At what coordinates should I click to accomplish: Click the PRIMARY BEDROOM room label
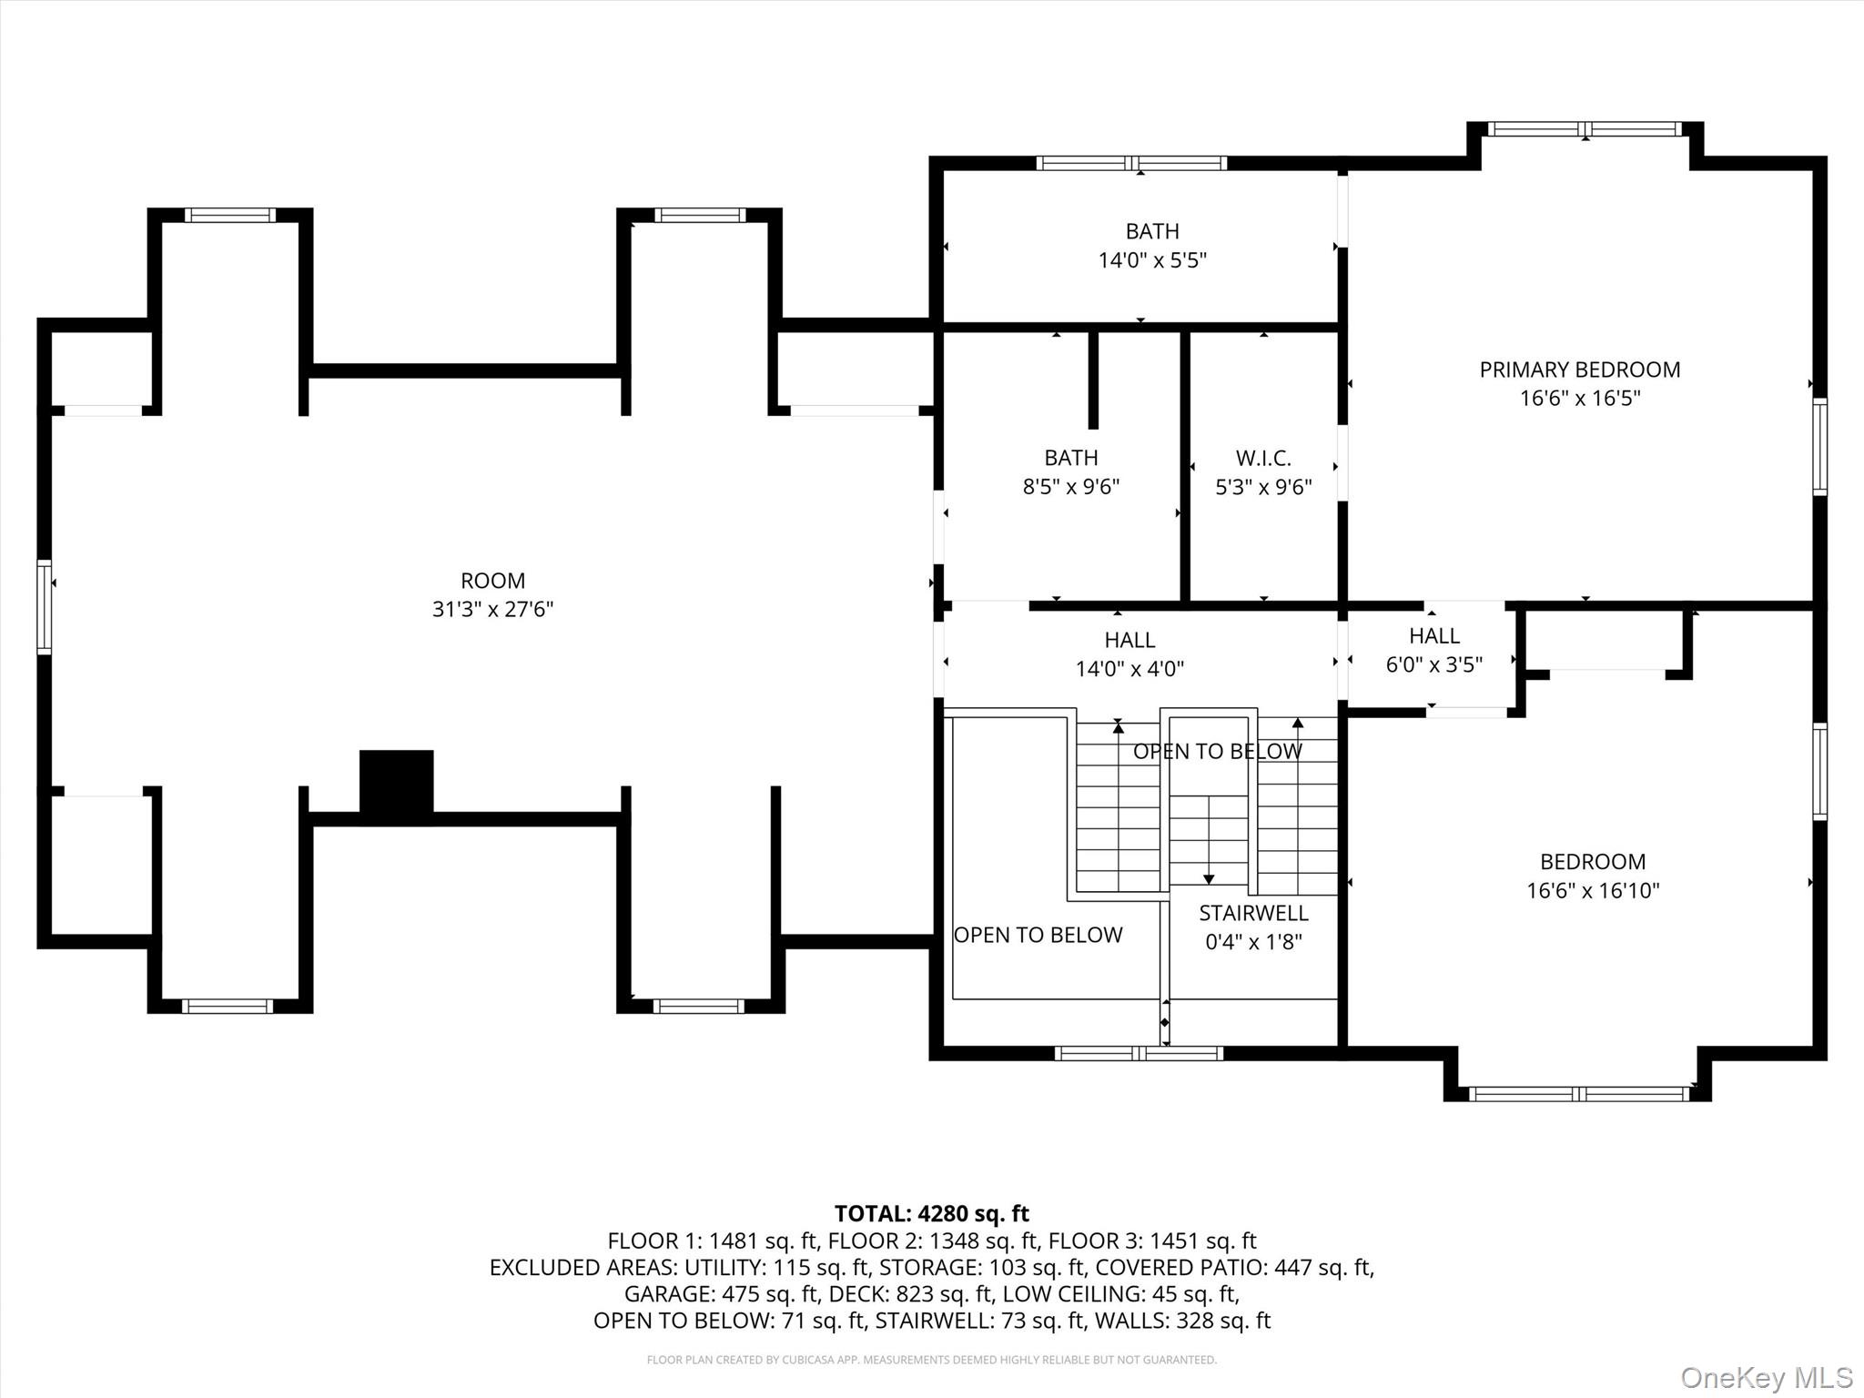[x=1579, y=370]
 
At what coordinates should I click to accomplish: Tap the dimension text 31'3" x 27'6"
[x=492, y=609]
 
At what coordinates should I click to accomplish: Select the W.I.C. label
[x=1263, y=458]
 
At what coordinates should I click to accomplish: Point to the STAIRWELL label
[x=1253, y=913]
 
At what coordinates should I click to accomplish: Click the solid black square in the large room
[x=396, y=781]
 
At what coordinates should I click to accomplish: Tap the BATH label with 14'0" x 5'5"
[x=1152, y=231]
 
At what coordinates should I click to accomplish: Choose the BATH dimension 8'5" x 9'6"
[x=1070, y=487]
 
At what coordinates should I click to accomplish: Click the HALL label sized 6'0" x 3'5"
[x=1433, y=635]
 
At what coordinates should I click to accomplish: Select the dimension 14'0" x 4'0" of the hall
[x=1130, y=669]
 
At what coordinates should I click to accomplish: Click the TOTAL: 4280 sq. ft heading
[x=931, y=1213]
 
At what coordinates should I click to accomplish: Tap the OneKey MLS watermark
[x=1766, y=1378]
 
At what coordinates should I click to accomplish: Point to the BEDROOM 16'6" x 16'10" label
[x=1592, y=862]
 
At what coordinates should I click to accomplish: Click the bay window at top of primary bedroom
[x=1585, y=129]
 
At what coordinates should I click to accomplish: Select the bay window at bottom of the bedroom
[x=1579, y=1094]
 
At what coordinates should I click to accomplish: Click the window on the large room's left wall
[x=44, y=608]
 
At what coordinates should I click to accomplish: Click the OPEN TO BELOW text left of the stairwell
[x=1038, y=935]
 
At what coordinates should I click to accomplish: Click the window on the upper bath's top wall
[x=1131, y=164]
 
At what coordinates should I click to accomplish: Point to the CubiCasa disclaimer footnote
[x=931, y=1360]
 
